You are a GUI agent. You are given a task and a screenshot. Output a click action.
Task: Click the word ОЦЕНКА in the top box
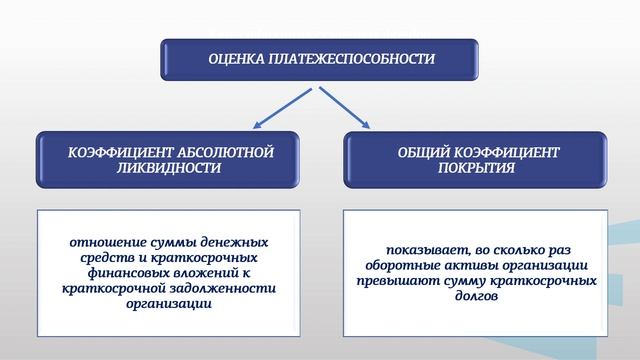pos(236,59)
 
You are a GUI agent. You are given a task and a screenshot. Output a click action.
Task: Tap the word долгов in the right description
pos(474,296)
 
